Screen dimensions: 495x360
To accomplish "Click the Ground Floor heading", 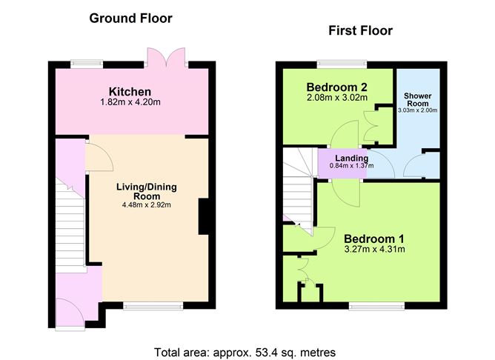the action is tap(130, 19).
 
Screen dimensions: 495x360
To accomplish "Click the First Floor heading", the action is tap(361, 30).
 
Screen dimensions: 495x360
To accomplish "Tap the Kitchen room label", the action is tap(130, 92).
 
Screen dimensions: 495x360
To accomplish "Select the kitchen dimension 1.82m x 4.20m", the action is tap(130, 102).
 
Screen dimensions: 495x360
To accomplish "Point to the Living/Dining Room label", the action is tap(147, 191).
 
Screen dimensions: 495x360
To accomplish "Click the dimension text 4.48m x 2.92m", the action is tap(147, 204).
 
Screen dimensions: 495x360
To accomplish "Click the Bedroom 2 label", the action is tap(337, 87).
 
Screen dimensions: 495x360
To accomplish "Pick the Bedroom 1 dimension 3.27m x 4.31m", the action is tap(374, 249).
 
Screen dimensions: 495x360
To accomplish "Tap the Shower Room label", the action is tap(418, 100).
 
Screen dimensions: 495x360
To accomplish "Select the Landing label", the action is tap(352, 158).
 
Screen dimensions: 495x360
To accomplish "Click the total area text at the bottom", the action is tap(245, 352).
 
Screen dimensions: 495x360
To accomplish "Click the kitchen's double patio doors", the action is tap(167, 57).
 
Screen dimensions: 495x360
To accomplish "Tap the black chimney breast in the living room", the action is tap(204, 216).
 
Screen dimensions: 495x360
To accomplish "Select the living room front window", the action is tap(153, 305).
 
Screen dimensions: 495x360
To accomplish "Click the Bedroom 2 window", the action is tap(342, 64).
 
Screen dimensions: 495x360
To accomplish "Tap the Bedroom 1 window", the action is tap(376, 305).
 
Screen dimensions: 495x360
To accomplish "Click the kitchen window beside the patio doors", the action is tap(87, 64).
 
